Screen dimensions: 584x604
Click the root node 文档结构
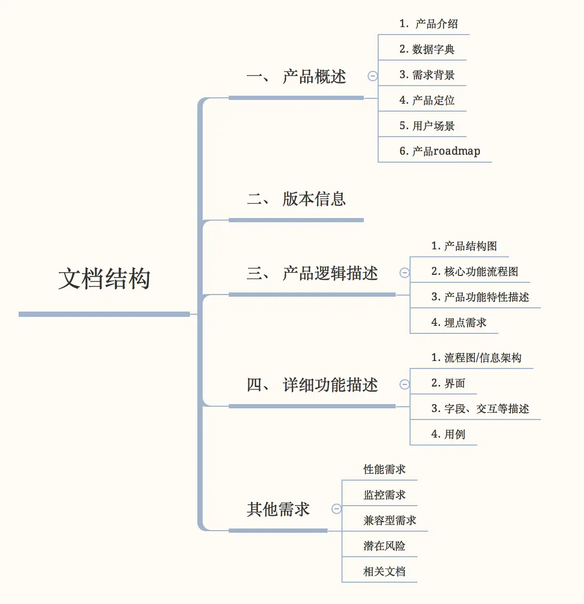(x=104, y=278)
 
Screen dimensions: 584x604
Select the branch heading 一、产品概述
(x=296, y=76)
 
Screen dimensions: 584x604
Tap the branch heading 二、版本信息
(x=296, y=199)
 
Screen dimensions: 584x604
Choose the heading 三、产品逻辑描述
(x=312, y=273)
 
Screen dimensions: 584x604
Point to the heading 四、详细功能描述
(x=312, y=384)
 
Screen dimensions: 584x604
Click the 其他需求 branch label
(x=278, y=509)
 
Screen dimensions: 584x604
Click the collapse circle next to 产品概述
(x=372, y=76)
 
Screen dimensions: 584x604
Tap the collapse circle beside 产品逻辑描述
(x=404, y=273)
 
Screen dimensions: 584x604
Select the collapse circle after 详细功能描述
(x=404, y=384)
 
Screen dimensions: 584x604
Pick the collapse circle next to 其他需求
(x=336, y=509)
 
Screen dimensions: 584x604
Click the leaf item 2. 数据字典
(x=427, y=49)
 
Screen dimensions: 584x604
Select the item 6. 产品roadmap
(x=439, y=151)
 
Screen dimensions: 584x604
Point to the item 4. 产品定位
(x=427, y=100)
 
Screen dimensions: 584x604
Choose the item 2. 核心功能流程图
(x=474, y=271)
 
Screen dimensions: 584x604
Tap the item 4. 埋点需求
(x=459, y=322)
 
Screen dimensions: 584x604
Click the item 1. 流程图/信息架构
(x=476, y=357)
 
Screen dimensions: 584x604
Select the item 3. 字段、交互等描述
(x=480, y=408)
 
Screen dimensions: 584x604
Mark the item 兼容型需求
(x=389, y=520)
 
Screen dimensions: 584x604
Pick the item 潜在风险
(x=384, y=546)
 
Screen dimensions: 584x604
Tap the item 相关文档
(x=384, y=571)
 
